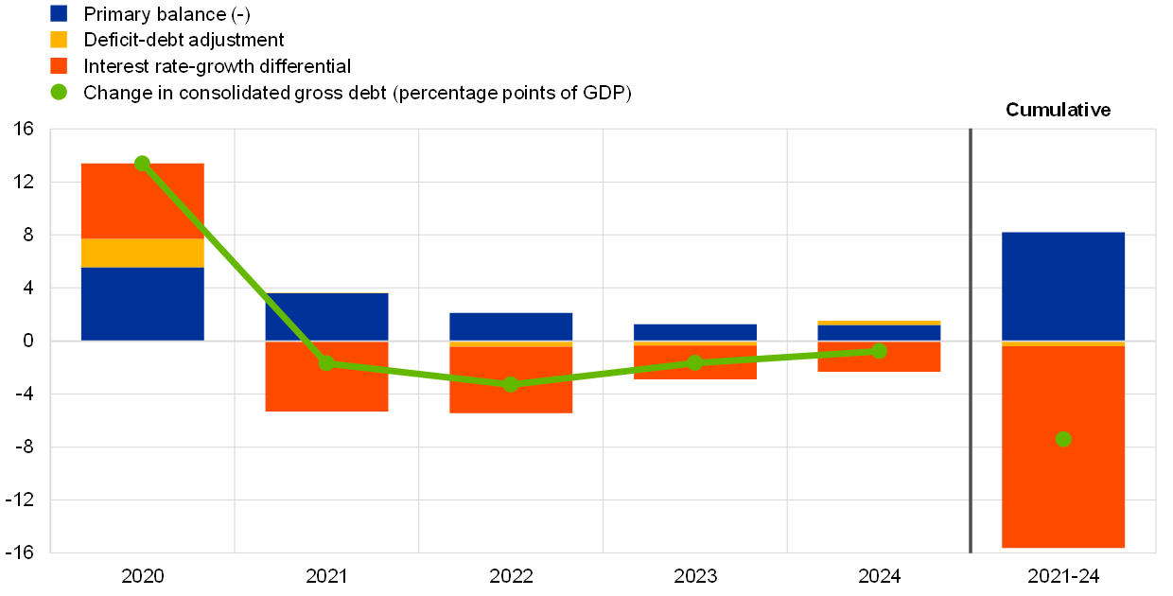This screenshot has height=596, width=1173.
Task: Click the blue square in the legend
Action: pos(59,13)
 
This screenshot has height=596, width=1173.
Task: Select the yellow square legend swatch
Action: pos(59,40)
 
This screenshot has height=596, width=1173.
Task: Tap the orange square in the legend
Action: pos(59,65)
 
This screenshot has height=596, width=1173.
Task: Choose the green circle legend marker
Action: pos(59,92)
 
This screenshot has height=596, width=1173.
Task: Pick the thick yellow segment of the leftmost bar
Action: pos(142,254)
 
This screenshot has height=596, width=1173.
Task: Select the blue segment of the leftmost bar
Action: pos(142,304)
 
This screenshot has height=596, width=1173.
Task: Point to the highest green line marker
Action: pos(142,163)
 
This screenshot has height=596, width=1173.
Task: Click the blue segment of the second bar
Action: pos(326,316)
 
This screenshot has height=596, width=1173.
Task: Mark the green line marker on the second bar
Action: pos(326,362)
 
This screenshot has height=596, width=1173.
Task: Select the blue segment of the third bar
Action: pos(511,325)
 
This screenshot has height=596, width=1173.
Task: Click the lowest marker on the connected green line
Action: pos(511,384)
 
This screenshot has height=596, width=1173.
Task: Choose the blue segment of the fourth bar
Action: pos(695,331)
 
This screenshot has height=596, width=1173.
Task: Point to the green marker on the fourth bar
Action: pos(695,362)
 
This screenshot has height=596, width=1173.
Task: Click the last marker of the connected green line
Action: pos(879,351)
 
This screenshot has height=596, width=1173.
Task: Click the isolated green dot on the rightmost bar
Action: pos(1063,439)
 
